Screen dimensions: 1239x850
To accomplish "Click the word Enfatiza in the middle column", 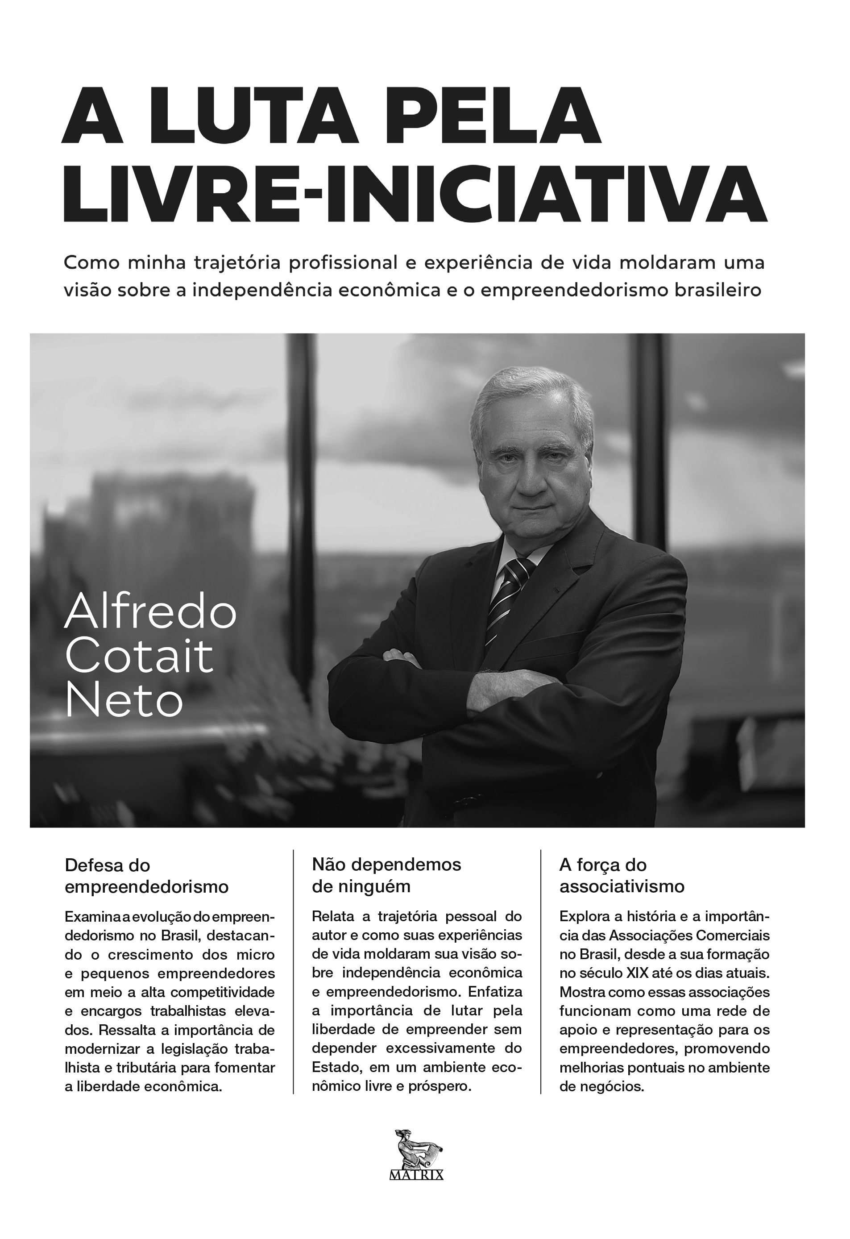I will coord(496,992).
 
